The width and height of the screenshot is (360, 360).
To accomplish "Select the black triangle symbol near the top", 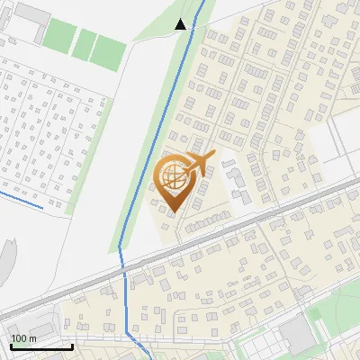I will click(180, 24).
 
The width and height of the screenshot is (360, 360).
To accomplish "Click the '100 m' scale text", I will click(23, 337).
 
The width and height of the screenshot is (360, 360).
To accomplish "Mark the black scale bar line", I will click(41, 346).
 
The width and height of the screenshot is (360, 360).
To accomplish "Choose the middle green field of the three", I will click(85, 42).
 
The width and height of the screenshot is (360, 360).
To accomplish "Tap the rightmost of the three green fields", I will click(108, 51).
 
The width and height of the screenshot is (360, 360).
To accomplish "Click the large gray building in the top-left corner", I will click(33, 16).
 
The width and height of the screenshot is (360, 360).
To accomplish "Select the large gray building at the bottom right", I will click(296, 336).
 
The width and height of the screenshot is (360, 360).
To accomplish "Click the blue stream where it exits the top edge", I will click(201, 4).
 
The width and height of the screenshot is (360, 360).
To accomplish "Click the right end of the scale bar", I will click(72, 346).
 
